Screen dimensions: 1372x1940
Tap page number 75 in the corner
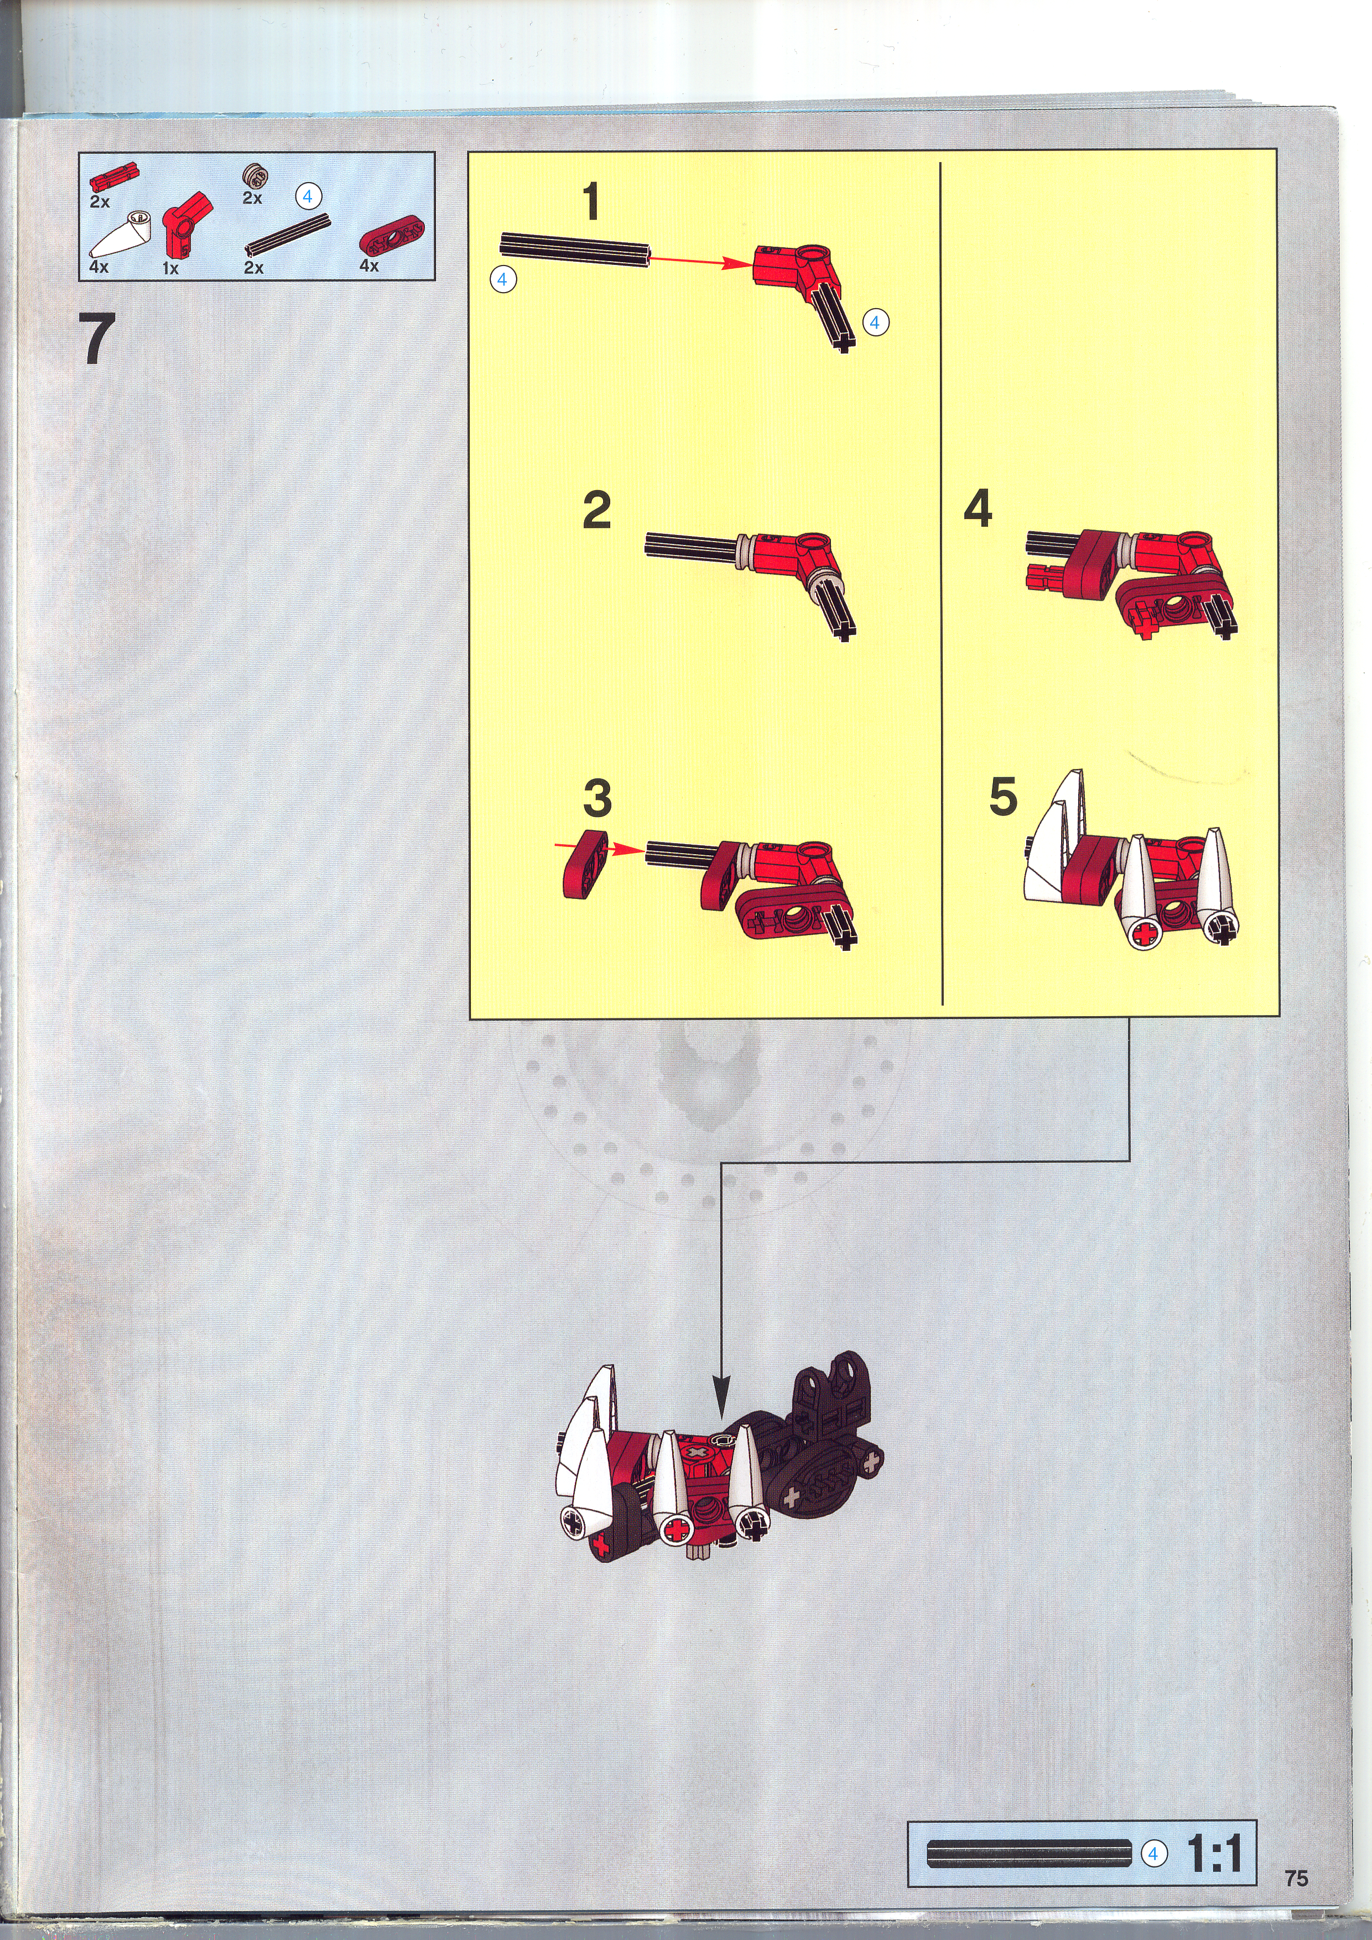pos(1296,1877)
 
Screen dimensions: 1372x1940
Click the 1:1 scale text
pos(1215,1854)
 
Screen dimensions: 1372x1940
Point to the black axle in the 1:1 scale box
pos(1029,1853)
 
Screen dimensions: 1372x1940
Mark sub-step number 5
pos(1003,796)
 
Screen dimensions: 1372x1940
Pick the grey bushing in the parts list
pos(253,176)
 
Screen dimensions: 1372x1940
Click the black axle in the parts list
pos(287,235)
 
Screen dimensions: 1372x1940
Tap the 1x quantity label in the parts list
pos(170,269)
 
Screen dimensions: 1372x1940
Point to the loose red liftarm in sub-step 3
pos(585,864)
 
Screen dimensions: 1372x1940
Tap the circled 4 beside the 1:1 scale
pos(1153,1854)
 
